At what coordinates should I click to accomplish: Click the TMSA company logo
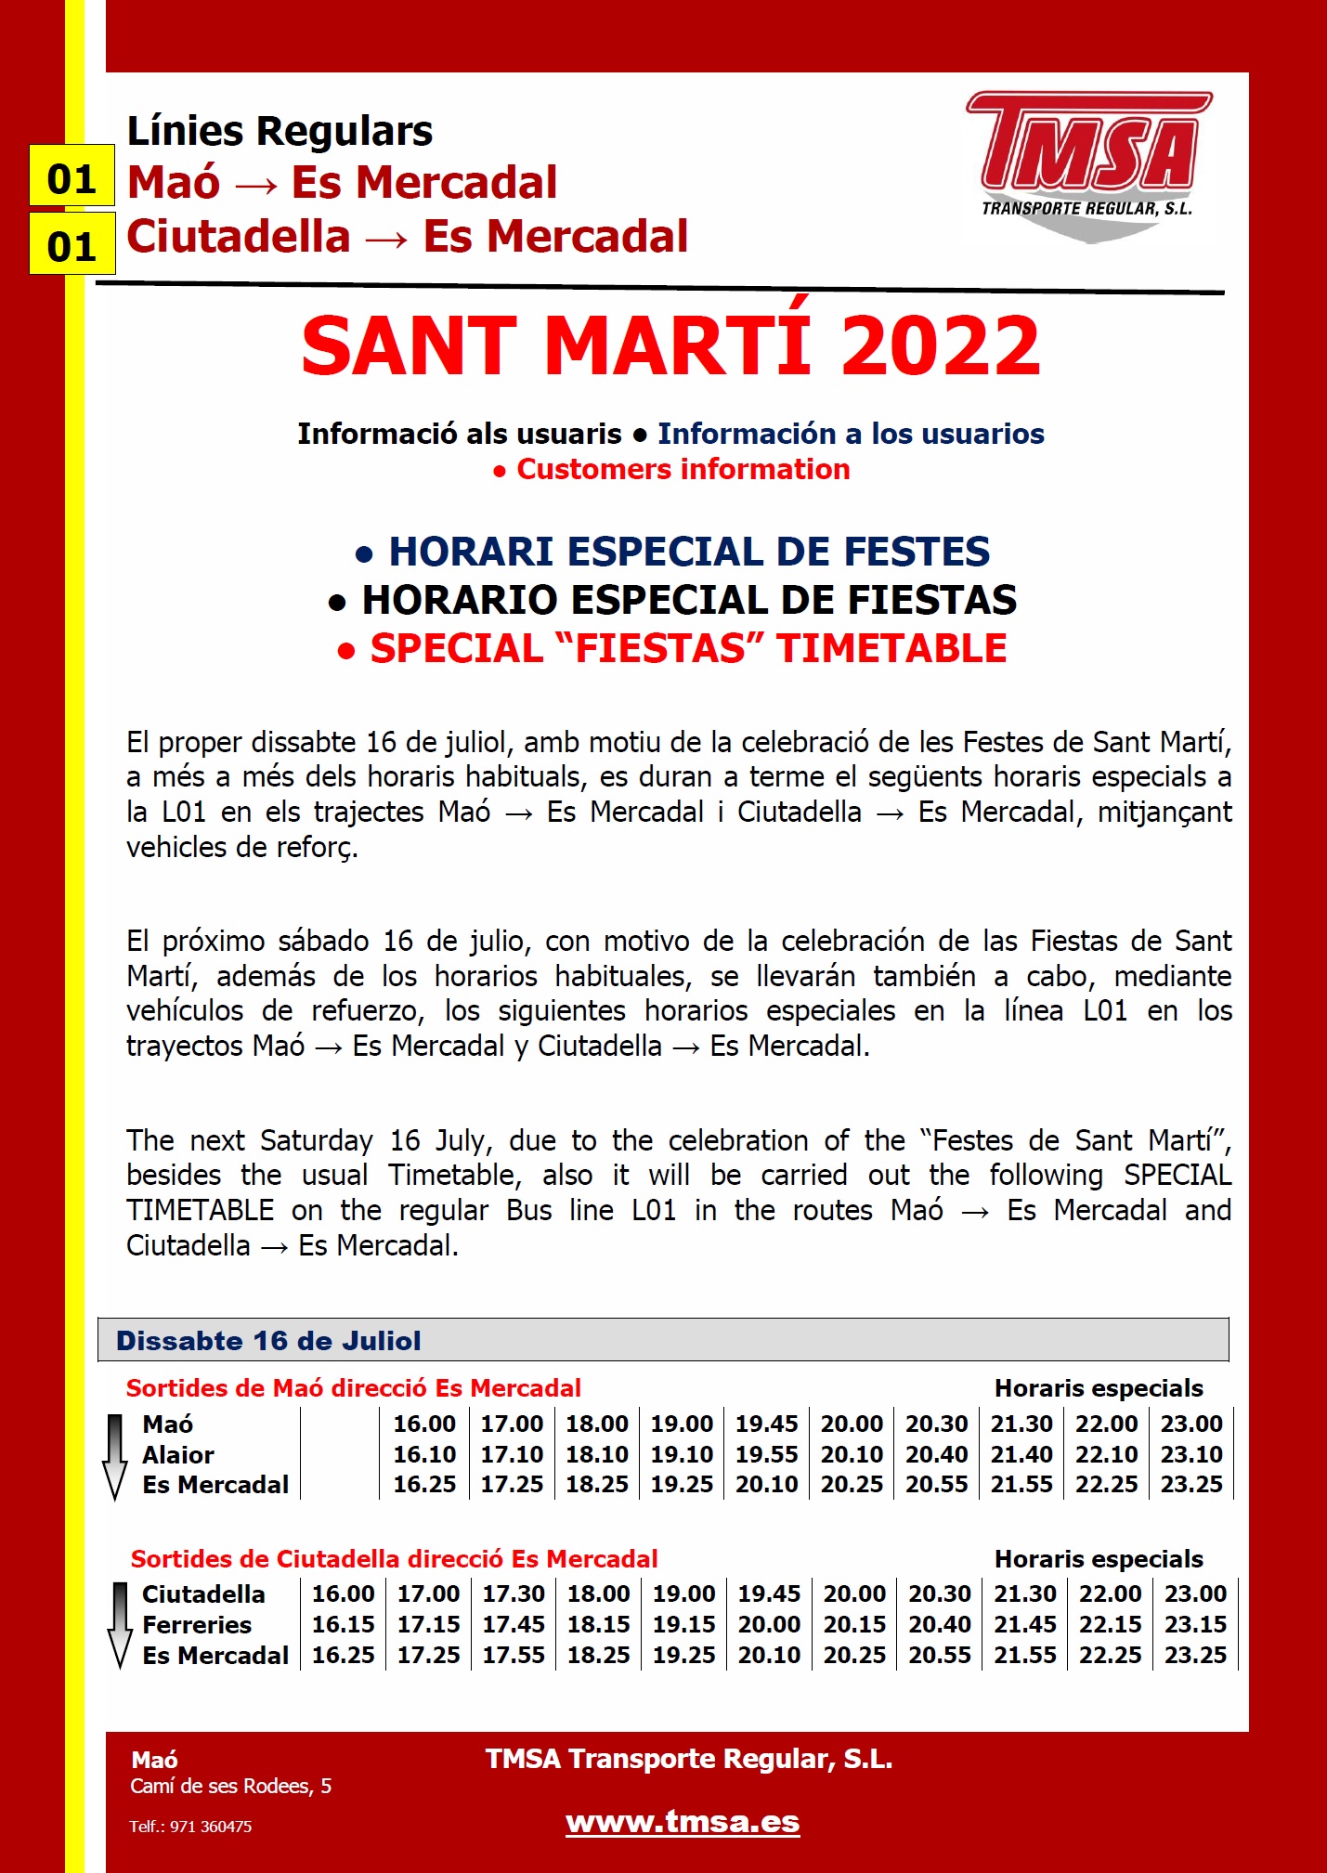(1088, 165)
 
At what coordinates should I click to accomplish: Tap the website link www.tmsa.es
(683, 1822)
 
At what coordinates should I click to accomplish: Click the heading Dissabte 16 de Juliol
(268, 1341)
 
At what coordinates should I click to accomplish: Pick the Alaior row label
(178, 1455)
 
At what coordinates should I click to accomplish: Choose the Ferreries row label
(197, 1625)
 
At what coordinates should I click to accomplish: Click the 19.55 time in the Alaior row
(766, 1455)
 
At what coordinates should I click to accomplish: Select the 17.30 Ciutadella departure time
(514, 1594)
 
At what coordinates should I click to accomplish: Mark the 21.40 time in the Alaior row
(1021, 1455)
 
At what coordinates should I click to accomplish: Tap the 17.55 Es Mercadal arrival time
(514, 1656)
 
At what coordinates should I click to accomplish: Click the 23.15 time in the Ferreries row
(1195, 1625)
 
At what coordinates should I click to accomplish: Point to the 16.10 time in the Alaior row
(424, 1455)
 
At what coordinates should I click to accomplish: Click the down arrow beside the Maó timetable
(115, 1455)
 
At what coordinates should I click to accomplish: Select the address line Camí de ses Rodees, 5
(230, 1787)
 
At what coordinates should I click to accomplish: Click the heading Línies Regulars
(280, 132)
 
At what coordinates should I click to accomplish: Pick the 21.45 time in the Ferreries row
(1025, 1625)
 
